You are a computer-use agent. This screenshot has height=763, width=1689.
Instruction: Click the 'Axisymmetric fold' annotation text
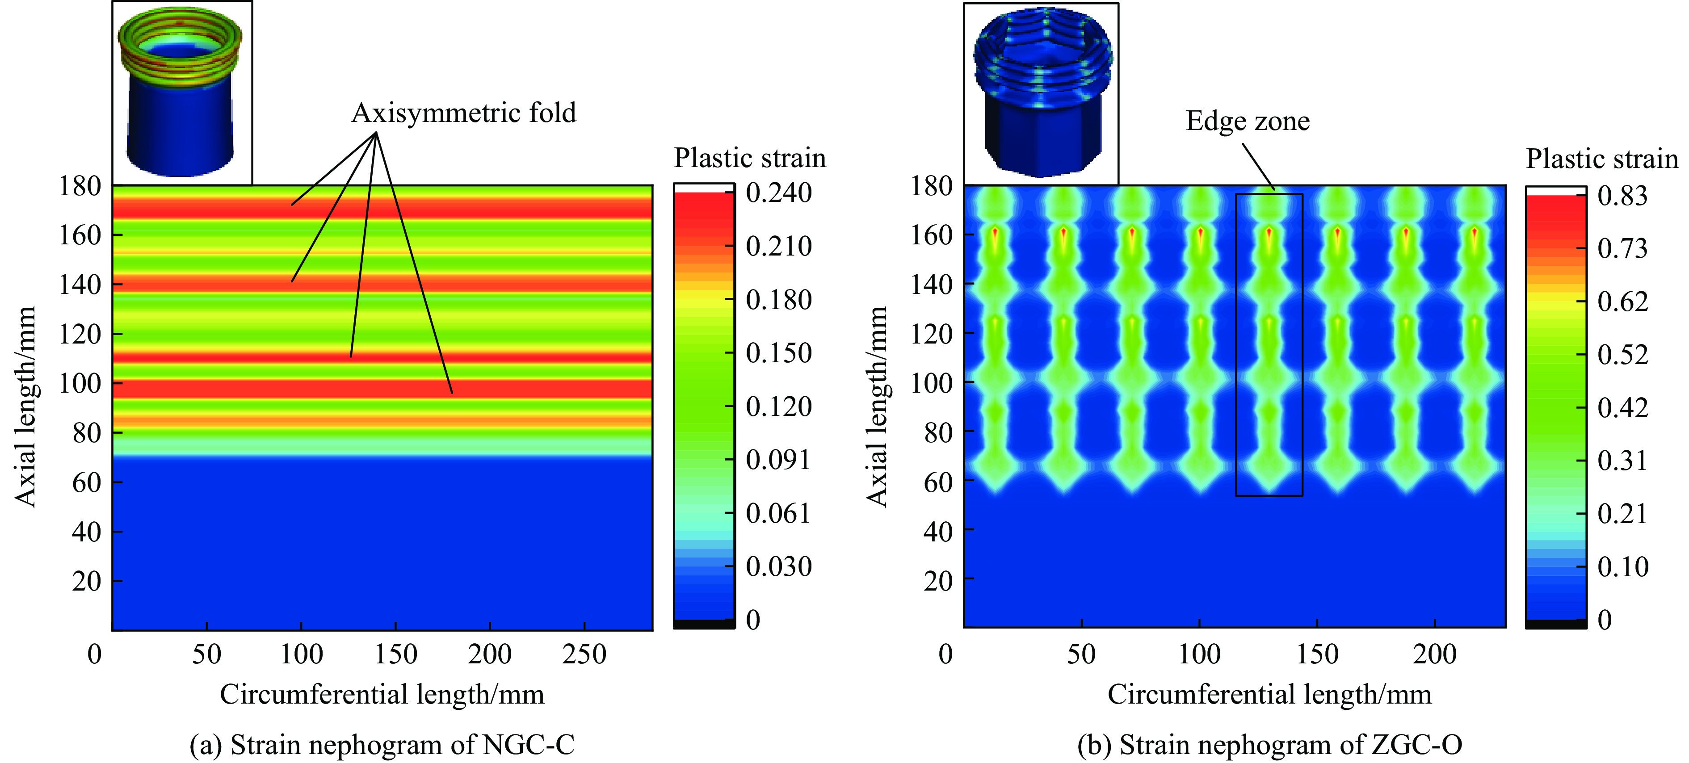(463, 113)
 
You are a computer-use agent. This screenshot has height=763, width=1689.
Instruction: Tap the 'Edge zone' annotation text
(1247, 121)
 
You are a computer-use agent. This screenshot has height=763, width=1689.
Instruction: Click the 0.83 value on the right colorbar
(1622, 195)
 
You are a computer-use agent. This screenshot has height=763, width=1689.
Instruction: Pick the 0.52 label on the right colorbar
(1622, 355)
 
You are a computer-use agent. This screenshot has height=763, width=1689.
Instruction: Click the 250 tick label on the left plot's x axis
(584, 654)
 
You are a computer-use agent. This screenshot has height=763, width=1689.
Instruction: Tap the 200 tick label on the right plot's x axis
(1435, 654)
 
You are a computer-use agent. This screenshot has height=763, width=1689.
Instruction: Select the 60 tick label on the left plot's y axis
(87, 482)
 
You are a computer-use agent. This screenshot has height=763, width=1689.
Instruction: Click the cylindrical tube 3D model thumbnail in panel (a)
(181, 92)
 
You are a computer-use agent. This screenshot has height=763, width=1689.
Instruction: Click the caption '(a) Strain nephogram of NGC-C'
(382, 745)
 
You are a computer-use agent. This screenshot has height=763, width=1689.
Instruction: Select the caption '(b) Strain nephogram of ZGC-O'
(1269, 745)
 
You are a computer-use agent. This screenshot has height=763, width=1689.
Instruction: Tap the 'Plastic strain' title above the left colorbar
(749, 158)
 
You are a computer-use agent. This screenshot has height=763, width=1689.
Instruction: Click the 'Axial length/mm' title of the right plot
(877, 407)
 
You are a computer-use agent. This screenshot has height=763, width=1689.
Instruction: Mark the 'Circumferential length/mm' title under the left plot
(382, 695)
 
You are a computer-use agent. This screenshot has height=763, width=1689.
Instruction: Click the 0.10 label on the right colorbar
(1622, 566)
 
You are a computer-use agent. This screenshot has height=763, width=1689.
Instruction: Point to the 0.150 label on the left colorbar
(779, 352)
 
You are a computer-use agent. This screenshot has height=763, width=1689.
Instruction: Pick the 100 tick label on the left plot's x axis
(301, 654)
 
